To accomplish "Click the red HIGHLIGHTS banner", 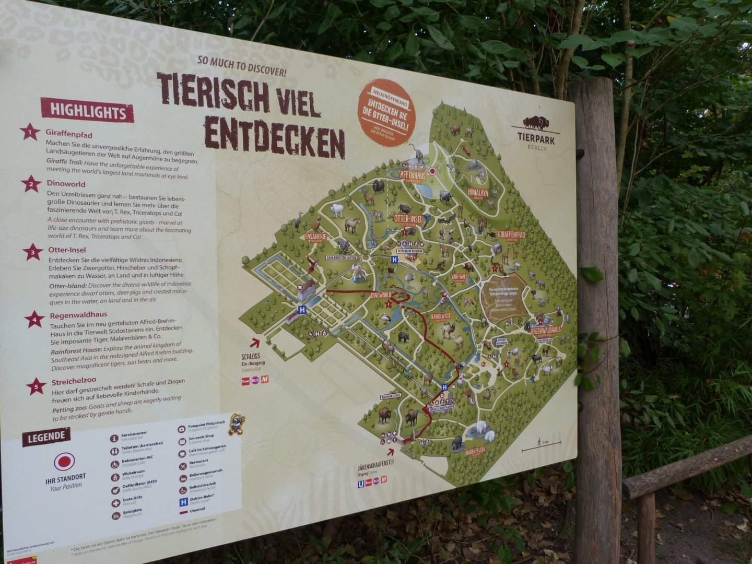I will click(x=87, y=111).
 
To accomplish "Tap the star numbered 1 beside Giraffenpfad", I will click(x=30, y=132).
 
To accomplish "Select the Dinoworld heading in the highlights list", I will click(x=66, y=184).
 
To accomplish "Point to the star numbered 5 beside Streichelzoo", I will click(x=36, y=386).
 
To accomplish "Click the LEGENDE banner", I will click(x=46, y=437).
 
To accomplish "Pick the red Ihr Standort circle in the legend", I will click(x=64, y=462).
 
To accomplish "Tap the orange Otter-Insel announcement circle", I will click(x=387, y=111).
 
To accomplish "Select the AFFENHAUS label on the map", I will click(x=413, y=176).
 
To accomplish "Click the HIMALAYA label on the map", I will click(x=478, y=192).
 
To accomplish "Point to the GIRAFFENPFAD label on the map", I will click(x=511, y=236).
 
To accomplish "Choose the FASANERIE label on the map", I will click(x=316, y=236).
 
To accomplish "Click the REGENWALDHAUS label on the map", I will click(x=545, y=330).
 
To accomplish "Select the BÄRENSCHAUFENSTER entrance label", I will click(x=375, y=463).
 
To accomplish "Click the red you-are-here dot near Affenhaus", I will click(x=432, y=171).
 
